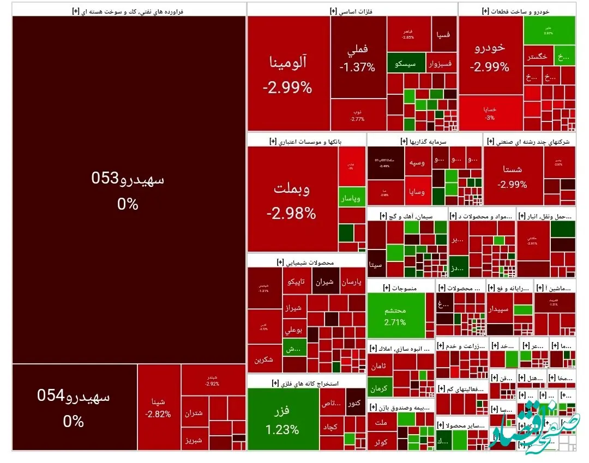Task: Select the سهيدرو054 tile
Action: tap(74, 407)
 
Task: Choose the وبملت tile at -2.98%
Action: tap(292, 199)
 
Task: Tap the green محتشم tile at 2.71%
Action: tap(395, 315)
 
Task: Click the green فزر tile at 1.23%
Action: tap(283, 419)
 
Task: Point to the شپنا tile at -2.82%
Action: tap(159, 407)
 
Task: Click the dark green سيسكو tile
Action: tap(405, 63)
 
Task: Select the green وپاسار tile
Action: tap(352, 199)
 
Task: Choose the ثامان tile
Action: tap(380, 366)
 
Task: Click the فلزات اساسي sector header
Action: tap(352, 10)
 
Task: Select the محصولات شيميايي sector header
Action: tap(306, 262)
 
